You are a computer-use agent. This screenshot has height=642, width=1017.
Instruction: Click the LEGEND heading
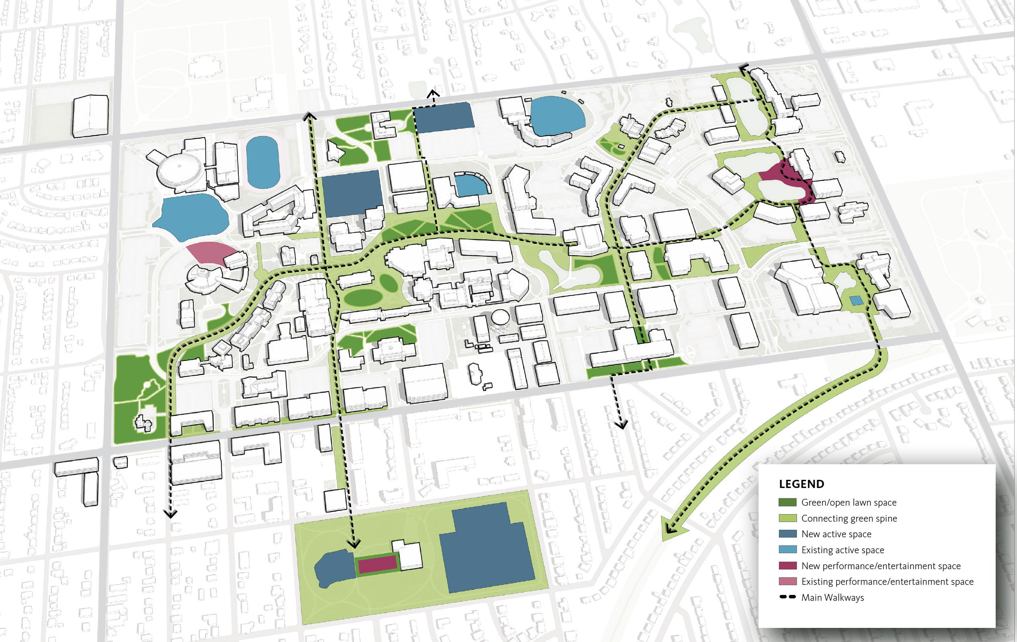(801, 484)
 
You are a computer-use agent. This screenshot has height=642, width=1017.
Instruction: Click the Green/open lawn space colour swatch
(787, 502)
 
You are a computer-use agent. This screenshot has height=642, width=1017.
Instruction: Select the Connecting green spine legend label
(849, 518)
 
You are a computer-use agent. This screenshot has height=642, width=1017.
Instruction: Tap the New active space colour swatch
(787, 534)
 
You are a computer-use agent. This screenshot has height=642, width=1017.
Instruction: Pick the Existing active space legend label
(843, 550)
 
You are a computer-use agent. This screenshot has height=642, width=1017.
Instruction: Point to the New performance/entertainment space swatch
(787, 566)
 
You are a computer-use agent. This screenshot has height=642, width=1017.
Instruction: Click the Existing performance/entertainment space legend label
(887, 582)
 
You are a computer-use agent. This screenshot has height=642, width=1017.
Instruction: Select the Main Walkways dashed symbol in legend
(787, 597)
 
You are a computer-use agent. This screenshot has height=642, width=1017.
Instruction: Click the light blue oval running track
(263, 162)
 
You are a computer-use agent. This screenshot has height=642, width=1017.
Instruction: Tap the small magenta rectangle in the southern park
(377, 564)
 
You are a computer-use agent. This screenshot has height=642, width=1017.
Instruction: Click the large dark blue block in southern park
(486, 549)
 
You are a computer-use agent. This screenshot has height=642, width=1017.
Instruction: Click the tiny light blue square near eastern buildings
(856, 300)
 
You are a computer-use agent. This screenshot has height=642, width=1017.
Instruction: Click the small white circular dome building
(500, 316)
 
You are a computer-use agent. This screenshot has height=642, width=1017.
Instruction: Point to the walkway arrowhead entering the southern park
(354, 543)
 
